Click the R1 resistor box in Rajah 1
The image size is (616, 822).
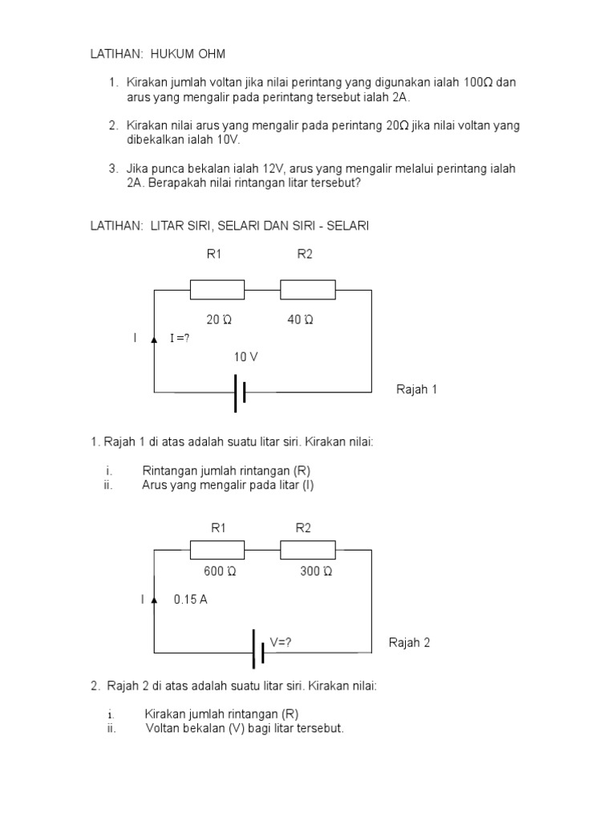click(x=217, y=290)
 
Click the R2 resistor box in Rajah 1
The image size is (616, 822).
click(x=307, y=290)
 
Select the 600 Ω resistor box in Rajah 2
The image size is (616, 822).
click(x=217, y=549)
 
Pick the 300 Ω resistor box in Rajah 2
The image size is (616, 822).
click(x=307, y=549)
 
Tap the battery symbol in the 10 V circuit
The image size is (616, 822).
click(x=239, y=392)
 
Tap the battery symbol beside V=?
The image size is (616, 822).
click(x=258, y=649)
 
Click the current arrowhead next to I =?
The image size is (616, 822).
click(x=154, y=338)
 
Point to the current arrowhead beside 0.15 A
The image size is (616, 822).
click(x=154, y=599)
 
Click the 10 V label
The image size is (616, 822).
click(x=245, y=356)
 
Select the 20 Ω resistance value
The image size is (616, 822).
click(x=219, y=319)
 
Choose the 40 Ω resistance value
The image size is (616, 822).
click(x=300, y=319)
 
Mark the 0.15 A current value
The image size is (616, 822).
click(x=190, y=599)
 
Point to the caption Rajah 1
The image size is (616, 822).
click(x=417, y=389)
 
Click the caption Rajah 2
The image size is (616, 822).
click(x=410, y=642)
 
